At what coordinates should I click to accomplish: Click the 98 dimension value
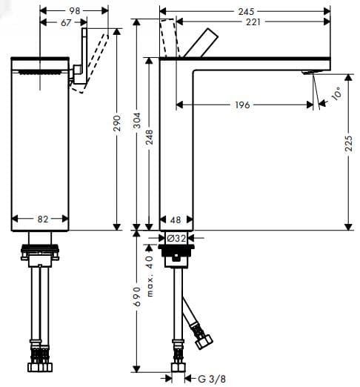click(x=75, y=12)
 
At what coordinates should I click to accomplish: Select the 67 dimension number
click(x=66, y=23)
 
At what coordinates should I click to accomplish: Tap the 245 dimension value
click(x=246, y=12)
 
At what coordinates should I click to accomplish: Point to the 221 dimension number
click(x=253, y=23)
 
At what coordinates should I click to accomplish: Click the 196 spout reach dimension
click(x=241, y=105)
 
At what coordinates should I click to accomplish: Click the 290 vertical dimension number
click(x=116, y=123)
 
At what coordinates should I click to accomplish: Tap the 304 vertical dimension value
click(x=136, y=123)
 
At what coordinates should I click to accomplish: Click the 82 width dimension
click(x=42, y=219)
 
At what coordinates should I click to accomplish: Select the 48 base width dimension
click(x=176, y=219)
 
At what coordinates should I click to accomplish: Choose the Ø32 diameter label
click(x=176, y=238)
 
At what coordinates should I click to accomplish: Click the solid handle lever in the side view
click(x=201, y=44)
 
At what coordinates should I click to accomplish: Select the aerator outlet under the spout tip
click(x=308, y=72)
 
